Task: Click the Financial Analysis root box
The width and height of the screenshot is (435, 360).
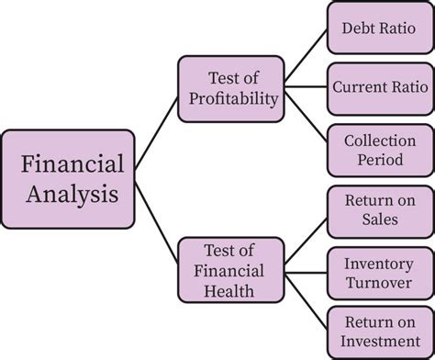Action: [68, 179]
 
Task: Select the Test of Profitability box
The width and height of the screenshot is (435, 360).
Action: [231, 89]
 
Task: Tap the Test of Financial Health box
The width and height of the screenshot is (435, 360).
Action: [231, 270]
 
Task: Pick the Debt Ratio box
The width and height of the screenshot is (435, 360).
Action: [380, 28]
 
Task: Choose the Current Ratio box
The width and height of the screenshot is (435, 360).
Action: [380, 89]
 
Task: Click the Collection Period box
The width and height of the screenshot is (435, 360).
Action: [380, 151]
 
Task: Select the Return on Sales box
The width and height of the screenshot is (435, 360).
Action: [380, 212]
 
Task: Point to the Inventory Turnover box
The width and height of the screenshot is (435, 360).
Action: [380, 273]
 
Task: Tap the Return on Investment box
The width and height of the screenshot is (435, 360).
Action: [380, 332]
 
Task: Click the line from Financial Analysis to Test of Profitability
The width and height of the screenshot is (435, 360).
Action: [156, 133]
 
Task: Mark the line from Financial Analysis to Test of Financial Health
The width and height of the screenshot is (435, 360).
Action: [156, 222]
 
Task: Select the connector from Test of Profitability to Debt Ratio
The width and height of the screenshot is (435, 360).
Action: [306, 55]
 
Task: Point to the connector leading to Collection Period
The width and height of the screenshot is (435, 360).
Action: [306, 118]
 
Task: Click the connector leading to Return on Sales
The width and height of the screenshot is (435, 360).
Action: [306, 242]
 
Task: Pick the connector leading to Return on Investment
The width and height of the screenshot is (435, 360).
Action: [306, 302]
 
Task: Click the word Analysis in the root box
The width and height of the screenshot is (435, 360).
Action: [72, 194]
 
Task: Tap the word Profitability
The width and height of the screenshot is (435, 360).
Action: [234, 99]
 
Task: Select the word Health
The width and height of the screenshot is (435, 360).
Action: [229, 291]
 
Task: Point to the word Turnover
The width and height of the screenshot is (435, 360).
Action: [379, 283]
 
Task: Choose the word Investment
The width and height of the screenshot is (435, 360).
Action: [381, 341]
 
